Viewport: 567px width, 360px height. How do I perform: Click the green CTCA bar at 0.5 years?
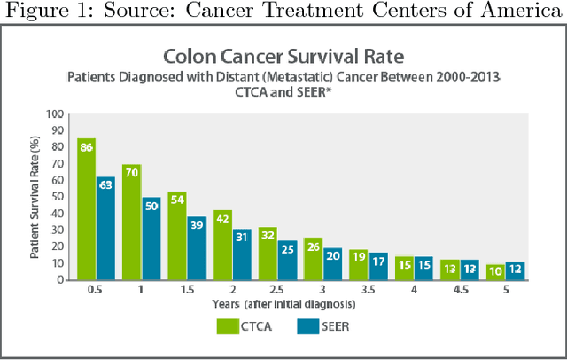[x=86, y=209]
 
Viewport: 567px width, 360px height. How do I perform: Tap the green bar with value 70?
[x=131, y=223]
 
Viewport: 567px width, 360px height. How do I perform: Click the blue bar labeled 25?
[x=287, y=260]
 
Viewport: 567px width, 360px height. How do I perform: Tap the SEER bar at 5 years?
[x=515, y=270]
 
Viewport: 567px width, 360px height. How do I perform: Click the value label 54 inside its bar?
[x=176, y=200]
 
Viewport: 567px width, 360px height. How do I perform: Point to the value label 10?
[x=494, y=271]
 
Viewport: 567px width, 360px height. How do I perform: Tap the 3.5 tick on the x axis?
[x=368, y=289]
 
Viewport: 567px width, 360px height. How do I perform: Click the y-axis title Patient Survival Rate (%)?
[x=35, y=197]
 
